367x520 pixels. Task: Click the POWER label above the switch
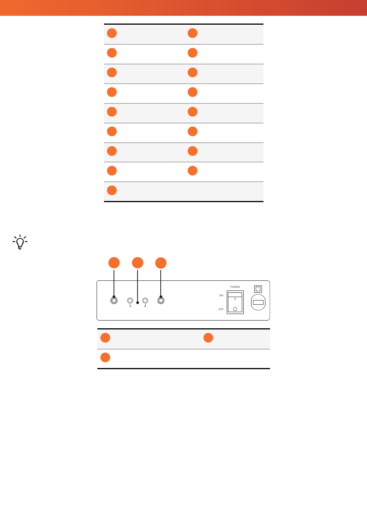[235, 287]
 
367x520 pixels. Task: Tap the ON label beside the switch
[221, 295]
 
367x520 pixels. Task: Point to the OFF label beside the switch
[221, 309]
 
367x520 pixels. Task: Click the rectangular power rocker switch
[235, 302]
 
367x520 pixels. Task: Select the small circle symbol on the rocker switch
[235, 309]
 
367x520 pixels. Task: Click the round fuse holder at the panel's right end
[258, 302]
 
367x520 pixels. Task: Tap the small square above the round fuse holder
[258, 289]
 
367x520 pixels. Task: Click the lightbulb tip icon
[20, 242]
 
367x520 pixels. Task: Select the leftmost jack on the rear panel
[114, 301]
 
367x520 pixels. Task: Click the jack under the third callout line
[161, 301]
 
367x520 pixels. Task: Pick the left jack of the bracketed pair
[130, 301]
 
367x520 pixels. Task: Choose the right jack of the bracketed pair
[145, 301]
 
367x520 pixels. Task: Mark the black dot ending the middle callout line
[138, 303]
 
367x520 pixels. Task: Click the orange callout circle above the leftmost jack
[114, 263]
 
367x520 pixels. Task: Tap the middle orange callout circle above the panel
[138, 263]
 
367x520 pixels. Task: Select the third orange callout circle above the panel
[161, 263]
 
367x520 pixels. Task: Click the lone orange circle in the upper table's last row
[112, 190]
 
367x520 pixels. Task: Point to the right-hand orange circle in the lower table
[208, 338]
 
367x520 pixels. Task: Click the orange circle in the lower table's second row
[105, 358]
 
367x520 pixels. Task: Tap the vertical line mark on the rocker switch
[235, 299]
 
